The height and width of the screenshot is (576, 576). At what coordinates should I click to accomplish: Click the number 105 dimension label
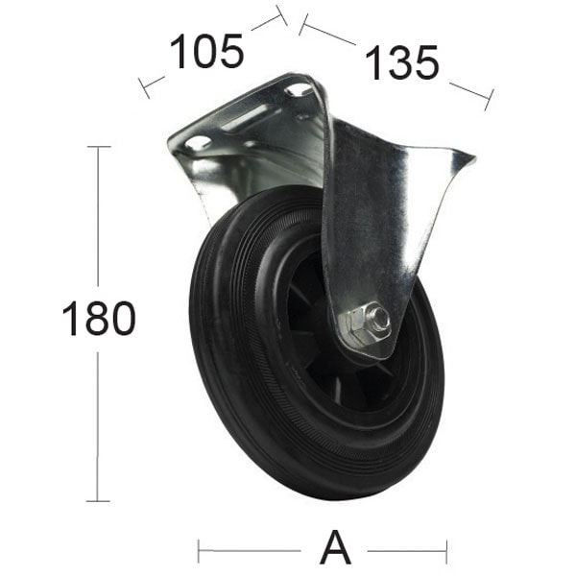click(x=205, y=52)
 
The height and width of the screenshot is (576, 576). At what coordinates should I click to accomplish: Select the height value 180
click(x=98, y=319)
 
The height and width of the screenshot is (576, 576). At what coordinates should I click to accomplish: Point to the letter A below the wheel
click(x=335, y=550)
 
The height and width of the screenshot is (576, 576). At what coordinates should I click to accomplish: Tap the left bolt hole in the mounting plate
click(x=198, y=143)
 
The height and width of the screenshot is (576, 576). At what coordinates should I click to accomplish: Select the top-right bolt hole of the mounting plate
click(x=300, y=89)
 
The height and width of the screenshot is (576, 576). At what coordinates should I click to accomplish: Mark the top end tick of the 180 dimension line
click(x=98, y=147)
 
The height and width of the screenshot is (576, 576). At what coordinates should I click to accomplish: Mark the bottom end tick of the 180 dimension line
click(x=98, y=500)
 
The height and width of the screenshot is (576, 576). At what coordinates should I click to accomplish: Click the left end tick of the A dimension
click(x=199, y=551)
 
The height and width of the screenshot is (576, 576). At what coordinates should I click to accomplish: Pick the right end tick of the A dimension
click(x=446, y=551)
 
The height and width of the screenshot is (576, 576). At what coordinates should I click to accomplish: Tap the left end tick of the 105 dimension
click(x=145, y=87)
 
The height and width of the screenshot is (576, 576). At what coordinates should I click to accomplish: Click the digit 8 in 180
click(x=97, y=319)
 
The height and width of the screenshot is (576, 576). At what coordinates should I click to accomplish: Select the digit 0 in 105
click(x=205, y=52)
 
